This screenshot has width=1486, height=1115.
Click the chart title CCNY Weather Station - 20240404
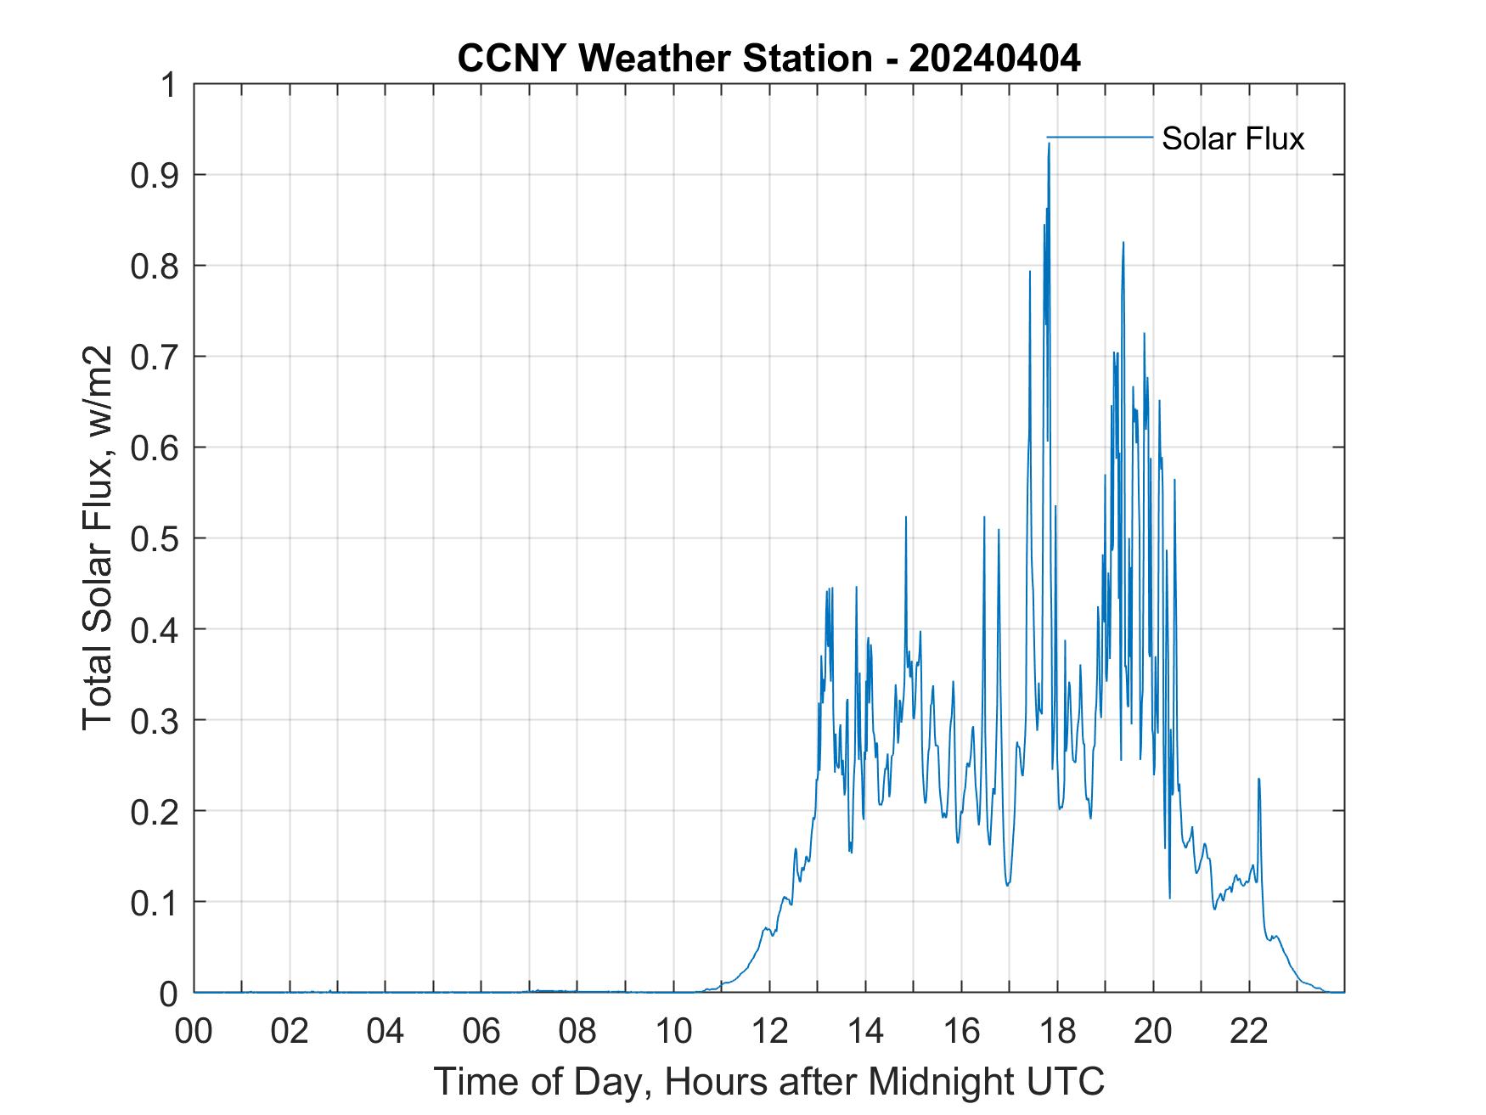[768, 59]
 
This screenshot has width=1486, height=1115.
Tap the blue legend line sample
[1099, 137]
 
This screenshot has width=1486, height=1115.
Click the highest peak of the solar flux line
[1049, 144]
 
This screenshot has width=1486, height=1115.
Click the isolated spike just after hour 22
[1258, 780]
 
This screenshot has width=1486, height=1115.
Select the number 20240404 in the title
[994, 59]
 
